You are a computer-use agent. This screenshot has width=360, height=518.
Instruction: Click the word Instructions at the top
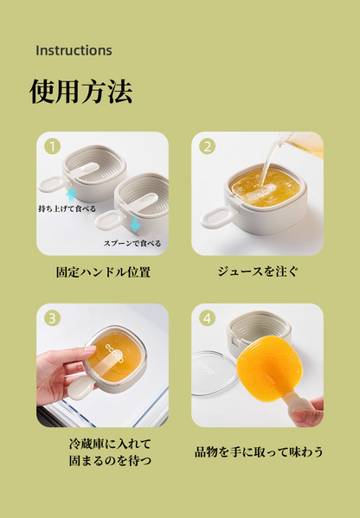pyautogui.click(x=74, y=50)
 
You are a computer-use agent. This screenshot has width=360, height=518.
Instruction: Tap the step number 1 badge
pyautogui.click(x=52, y=146)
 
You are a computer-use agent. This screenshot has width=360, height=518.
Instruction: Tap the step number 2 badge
pyautogui.click(x=207, y=146)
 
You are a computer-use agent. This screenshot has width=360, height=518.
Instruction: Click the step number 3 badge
pyautogui.click(x=52, y=318)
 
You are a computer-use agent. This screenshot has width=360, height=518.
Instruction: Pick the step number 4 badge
pyautogui.click(x=207, y=318)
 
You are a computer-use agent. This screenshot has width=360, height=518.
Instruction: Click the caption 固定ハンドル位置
pyautogui.click(x=102, y=272)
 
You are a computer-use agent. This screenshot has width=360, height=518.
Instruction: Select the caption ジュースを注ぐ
pyautogui.click(x=257, y=272)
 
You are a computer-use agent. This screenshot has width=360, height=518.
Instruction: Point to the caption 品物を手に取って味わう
pyautogui.click(x=257, y=451)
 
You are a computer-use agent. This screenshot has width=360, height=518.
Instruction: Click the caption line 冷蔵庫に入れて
pyautogui.click(x=102, y=444)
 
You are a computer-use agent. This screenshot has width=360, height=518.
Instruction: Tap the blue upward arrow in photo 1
pyautogui.click(x=71, y=195)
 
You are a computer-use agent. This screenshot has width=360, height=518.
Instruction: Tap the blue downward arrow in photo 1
pyautogui.click(x=134, y=226)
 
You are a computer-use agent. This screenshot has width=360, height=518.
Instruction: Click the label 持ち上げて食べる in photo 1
pyautogui.click(x=67, y=209)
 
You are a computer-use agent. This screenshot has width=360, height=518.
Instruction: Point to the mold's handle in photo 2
pyautogui.click(x=216, y=216)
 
